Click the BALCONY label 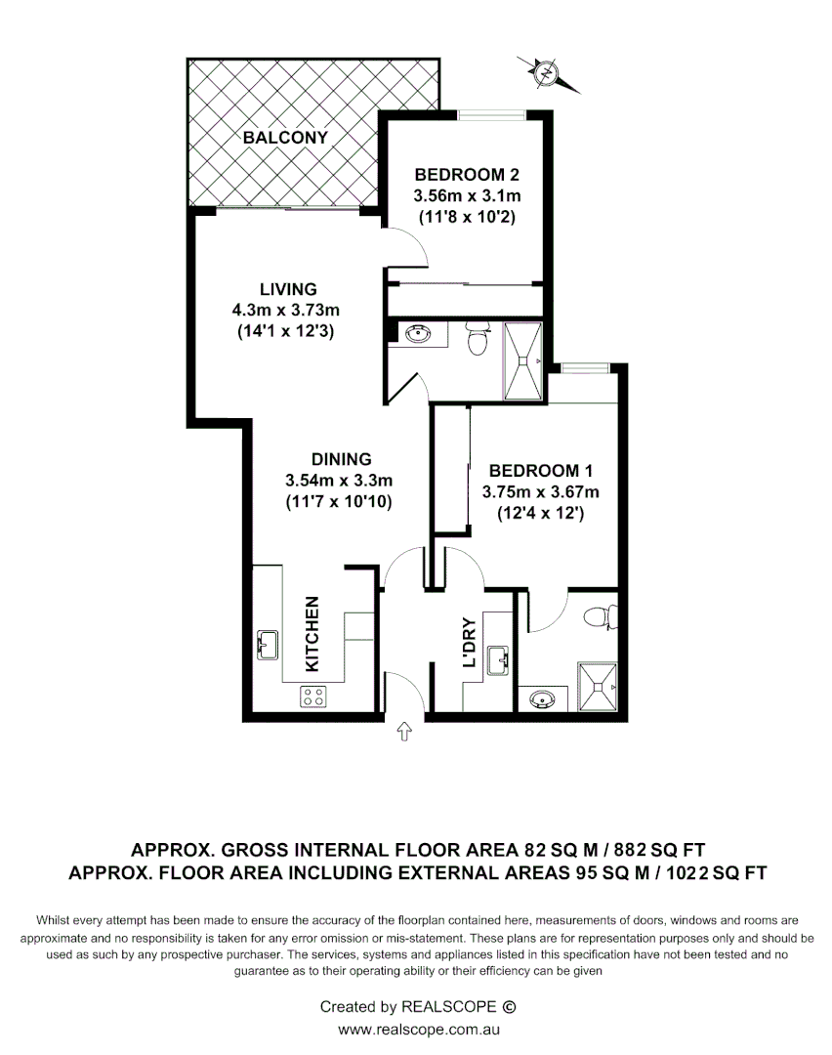[285, 138]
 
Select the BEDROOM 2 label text [466, 176]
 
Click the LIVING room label [288, 289]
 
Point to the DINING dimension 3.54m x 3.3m [338, 481]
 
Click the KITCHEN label [312, 633]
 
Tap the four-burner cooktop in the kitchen [313, 696]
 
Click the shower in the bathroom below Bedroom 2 [524, 360]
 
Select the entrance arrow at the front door [405, 734]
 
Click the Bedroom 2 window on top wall [493, 115]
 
